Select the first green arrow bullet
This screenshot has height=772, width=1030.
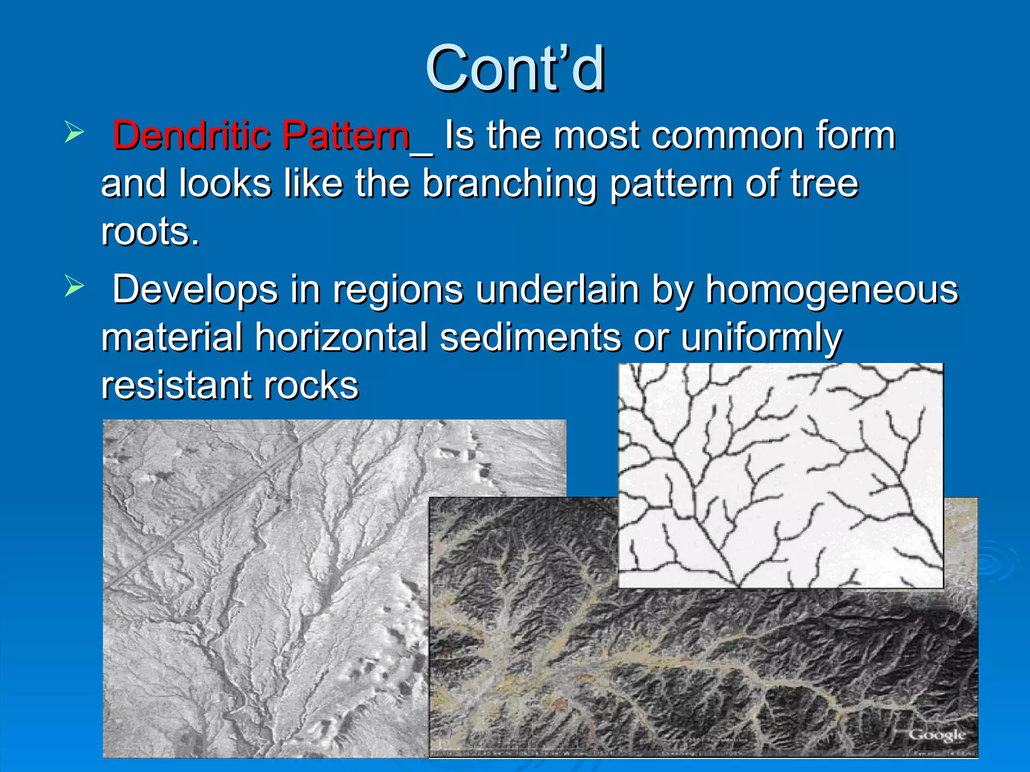(74, 133)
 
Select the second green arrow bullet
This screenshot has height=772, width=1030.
(74, 287)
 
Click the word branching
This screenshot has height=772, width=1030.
(509, 183)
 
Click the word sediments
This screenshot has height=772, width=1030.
(531, 337)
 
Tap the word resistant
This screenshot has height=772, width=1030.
(176, 385)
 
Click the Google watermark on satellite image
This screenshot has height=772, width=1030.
(936, 735)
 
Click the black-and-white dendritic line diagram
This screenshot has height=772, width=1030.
(780, 475)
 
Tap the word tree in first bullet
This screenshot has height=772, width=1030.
(824, 183)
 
